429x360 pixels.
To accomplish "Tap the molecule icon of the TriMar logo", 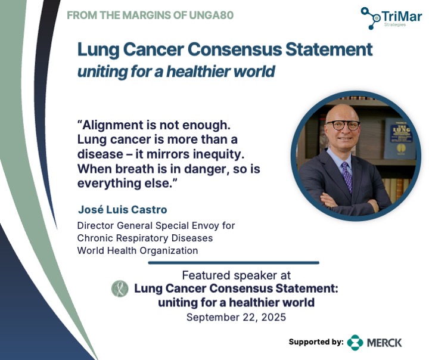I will pyautogui.click(x=372, y=18).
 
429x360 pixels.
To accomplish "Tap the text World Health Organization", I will pyautogui.click(x=137, y=250).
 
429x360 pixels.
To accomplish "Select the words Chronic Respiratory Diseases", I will pyautogui.click(x=145, y=238).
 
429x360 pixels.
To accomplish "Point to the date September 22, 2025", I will pyautogui.click(x=236, y=317).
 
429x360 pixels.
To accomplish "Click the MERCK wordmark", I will pyautogui.click(x=384, y=343).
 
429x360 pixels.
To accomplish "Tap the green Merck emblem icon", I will pyautogui.click(x=355, y=342).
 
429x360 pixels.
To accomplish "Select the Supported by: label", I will pyautogui.click(x=316, y=342).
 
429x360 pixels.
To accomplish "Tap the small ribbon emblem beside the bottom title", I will pyautogui.click(x=120, y=289).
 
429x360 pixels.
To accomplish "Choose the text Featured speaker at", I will pyautogui.click(x=236, y=275).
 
